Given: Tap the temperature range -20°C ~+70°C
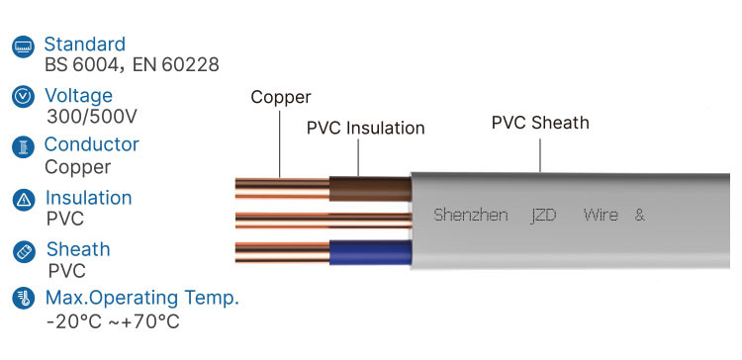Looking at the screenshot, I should (112, 321).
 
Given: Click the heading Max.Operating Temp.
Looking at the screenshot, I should (142, 298).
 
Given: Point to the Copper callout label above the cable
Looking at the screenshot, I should (281, 97).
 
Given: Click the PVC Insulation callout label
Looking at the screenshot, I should (365, 129).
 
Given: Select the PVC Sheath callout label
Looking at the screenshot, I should (540, 124).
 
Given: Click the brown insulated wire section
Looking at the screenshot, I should (369, 189).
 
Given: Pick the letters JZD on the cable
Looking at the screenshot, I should (544, 215).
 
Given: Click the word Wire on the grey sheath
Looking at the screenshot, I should (601, 215).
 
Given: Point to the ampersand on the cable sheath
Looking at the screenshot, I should (639, 215).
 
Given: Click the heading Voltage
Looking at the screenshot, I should (79, 96).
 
